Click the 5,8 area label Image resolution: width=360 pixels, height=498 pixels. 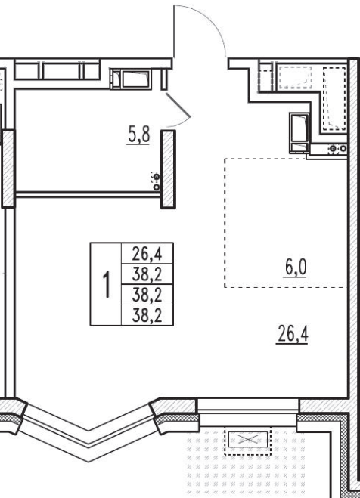[x=138, y=135]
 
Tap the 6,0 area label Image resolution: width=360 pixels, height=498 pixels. [x=296, y=268]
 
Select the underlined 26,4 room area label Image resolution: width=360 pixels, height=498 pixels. [x=293, y=334]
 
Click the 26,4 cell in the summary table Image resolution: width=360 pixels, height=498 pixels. [x=147, y=254]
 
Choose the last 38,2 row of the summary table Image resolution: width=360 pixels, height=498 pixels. [x=147, y=316]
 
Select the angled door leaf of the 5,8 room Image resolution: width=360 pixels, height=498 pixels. [x=178, y=104]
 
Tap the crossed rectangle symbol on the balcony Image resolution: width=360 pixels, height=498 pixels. [x=248, y=440]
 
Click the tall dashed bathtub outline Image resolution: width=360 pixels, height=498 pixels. [x=334, y=98]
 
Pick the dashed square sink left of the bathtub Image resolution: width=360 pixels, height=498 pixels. [x=295, y=78]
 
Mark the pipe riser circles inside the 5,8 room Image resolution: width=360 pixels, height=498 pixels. [x=156, y=181]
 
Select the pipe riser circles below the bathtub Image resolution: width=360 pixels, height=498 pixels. [x=338, y=149]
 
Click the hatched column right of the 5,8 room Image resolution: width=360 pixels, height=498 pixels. [x=168, y=169]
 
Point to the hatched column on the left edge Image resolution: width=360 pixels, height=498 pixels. [x=8, y=169]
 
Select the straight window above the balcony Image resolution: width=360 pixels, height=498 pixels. [x=248, y=412]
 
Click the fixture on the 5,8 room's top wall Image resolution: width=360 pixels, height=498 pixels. [x=131, y=79]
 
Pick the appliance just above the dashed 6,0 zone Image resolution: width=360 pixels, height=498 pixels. [x=299, y=133]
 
